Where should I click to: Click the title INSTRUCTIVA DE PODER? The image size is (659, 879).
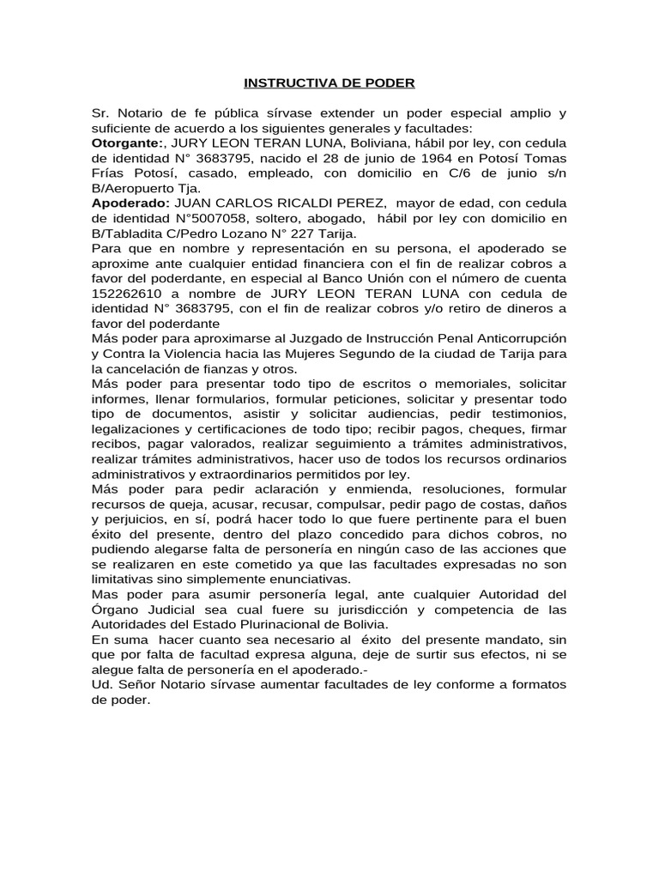pos(329,83)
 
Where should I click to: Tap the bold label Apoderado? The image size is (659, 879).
pos(130,203)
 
